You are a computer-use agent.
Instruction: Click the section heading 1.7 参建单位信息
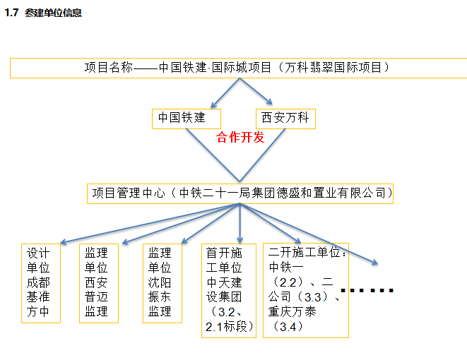click(43, 13)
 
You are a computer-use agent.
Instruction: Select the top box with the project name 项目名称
click(238, 68)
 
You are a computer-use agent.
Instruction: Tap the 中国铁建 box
click(187, 119)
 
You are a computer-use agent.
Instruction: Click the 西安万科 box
click(285, 119)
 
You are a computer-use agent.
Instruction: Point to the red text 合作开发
click(240, 138)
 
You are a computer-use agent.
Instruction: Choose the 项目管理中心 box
click(240, 193)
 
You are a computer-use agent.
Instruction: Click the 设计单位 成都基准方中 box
click(41, 283)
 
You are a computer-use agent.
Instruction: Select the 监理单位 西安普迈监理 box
click(99, 283)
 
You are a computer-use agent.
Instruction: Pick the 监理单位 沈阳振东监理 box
click(162, 283)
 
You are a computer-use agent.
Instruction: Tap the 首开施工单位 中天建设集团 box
click(229, 291)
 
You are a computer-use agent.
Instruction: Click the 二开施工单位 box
click(306, 290)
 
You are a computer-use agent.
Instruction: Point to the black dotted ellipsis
click(367, 290)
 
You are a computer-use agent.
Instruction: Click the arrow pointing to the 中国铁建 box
click(225, 93)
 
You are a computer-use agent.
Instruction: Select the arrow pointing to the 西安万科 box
click(256, 91)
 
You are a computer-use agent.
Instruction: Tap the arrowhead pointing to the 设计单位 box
click(63, 242)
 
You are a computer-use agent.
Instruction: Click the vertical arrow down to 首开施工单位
click(240, 224)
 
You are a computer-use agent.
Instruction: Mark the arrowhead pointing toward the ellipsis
click(375, 262)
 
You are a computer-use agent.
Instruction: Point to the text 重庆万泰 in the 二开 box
click(292, 312)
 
